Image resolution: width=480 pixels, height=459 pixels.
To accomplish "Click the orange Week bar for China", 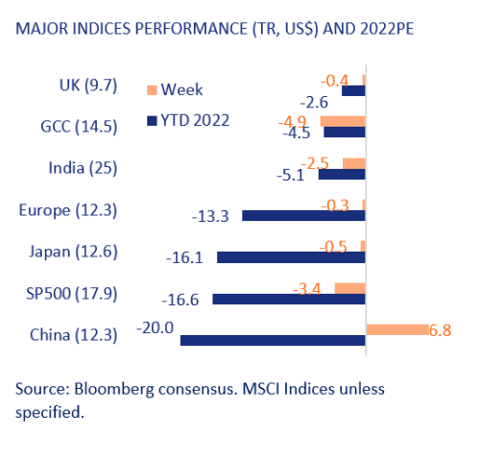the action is click(x=397, y=329).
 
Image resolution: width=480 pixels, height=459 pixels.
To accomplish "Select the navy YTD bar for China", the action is click(x=273, y=340).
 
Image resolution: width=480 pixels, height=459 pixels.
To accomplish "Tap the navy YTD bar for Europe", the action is click(x=303, y=215).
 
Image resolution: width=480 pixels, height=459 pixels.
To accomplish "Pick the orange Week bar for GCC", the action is click(x=343, y=121).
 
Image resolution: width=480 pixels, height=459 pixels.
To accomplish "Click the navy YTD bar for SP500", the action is click(x=289, y=299).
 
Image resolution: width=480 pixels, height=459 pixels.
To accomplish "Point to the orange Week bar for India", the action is click(x=354, y=163).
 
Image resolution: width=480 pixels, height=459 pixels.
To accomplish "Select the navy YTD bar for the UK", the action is click(x=353, y=90).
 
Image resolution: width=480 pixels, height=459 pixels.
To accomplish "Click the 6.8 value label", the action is click(x=441, y=330).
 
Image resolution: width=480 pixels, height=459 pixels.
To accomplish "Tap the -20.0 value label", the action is click(x=156, y=327).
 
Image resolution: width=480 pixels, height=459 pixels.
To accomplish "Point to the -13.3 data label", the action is click(x=210, y=216).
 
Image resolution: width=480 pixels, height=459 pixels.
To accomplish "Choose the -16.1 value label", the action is click(x=184, y=257).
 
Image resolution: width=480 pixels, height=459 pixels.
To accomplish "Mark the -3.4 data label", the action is click(x=307, y=289).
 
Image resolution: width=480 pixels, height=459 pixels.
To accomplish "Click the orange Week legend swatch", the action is click(x=152, y=90).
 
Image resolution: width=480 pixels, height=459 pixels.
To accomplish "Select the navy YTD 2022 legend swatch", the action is click(x=152, y=121).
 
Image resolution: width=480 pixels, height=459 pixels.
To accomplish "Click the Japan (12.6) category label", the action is click(x=74, y=252).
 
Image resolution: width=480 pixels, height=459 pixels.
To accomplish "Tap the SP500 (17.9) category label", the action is click(x=72, y=294).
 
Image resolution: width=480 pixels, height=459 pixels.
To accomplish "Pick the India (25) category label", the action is click(x=84, y=168).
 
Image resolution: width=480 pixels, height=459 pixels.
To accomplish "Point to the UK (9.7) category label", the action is click(x=88, y=85).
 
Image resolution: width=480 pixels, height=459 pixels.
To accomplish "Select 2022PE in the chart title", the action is click(x=387, y=29).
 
